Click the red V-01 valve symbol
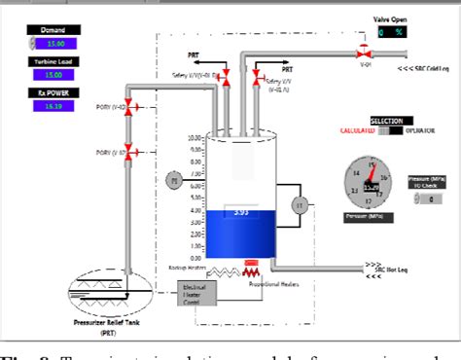coord(363,49)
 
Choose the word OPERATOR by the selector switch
coord(420,129)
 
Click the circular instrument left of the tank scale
coord(175,179)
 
